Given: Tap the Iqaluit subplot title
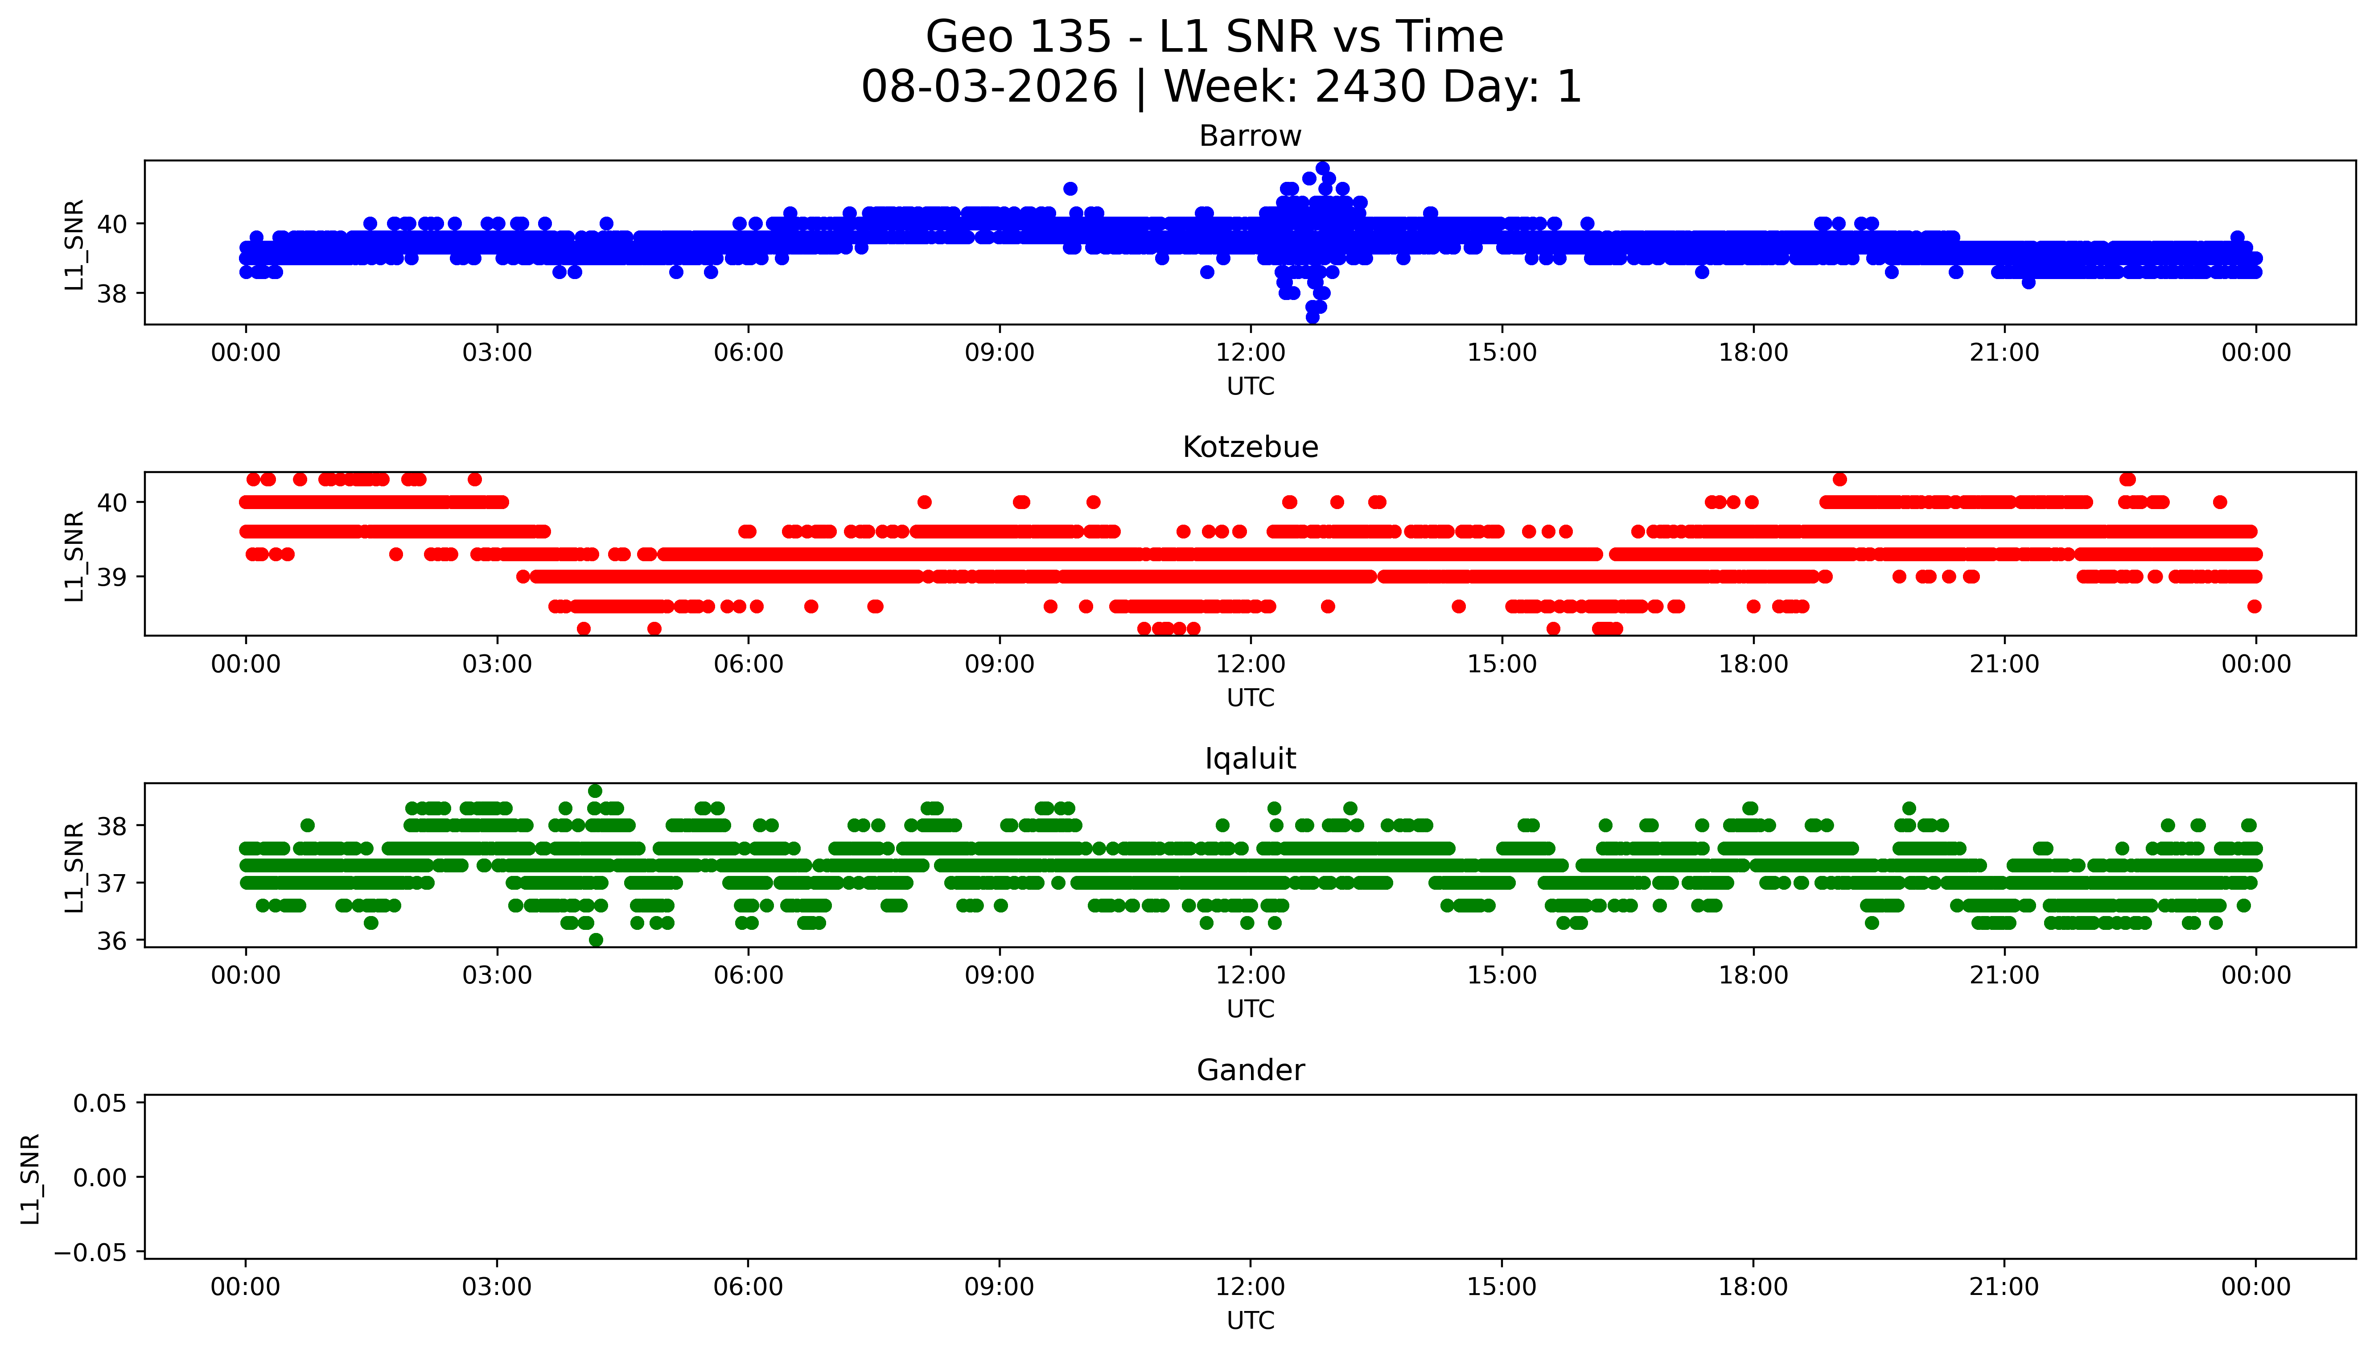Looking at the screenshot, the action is click(x=1250, y=759).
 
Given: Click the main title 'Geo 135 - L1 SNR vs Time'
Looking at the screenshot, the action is click(x=1214, y=37).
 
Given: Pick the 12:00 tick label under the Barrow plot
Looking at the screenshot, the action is click(x=1251, y=353).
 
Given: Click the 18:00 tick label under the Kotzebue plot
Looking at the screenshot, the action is click(x=1753, y=664).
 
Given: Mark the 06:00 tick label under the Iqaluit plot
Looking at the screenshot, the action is click(x=749, y=975).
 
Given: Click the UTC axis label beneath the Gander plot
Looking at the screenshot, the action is click(x=1250, y=1320).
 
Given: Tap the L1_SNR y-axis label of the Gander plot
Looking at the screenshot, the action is click(x=31, y=1178).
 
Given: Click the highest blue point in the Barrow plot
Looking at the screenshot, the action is click(x=1322, y=168).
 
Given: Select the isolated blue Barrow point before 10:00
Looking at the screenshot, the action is click(x=1070, y=189).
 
